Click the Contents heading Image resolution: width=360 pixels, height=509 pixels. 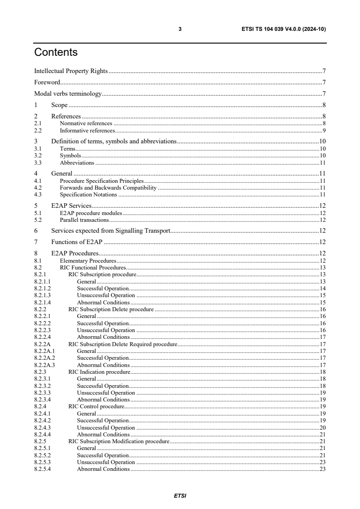tap(56, 53)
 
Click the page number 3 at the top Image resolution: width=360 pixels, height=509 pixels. tap(180, 29)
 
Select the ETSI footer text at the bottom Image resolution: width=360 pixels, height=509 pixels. tap(180, 496)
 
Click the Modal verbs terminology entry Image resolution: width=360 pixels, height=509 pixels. tap(68, 94)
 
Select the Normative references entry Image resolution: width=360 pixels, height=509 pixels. tap(86, 123)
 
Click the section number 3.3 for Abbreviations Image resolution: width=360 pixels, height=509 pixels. tap(38, 162)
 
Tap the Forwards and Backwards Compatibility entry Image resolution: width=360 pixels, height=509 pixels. tap(108, 188)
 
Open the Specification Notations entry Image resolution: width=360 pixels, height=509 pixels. tap(88, 195)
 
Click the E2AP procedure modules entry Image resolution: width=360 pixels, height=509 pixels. tap(91, 213)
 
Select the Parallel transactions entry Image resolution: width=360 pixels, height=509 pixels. tap(84, 220)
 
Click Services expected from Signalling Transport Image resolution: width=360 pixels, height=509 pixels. tap(111, 230)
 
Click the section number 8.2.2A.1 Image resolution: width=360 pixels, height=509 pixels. tap(44, 351)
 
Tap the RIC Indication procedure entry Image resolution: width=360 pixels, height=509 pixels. tap(99, 372)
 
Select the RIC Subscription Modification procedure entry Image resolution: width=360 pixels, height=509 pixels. tap(118, 441)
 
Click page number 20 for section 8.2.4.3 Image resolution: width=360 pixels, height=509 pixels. tap(323, 427)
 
